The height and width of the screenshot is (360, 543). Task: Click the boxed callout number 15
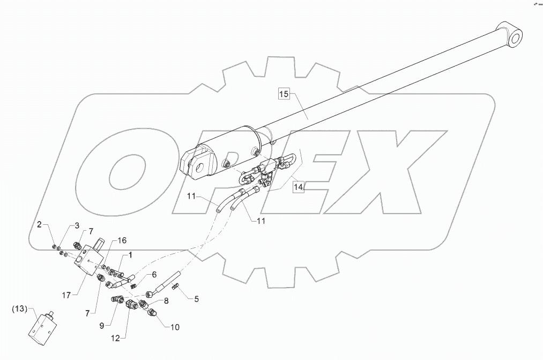[284, 94]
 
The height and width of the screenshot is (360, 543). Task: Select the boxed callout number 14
[298, 187]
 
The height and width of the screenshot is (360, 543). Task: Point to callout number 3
[76, 226]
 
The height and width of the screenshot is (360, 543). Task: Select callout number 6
[154, 274]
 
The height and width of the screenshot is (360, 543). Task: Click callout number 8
[166, 302]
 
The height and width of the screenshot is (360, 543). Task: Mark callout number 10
[175, 327]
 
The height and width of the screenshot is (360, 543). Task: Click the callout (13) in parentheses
[19, 309]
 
